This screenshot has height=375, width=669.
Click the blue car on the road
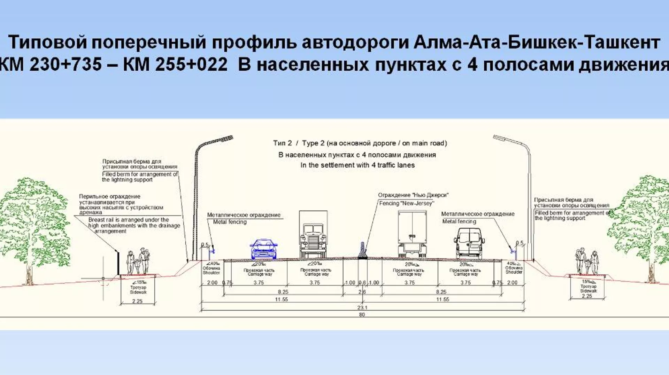point(263,249)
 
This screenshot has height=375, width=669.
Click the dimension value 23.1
point(362,307)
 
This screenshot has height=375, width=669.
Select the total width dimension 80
point(362,315)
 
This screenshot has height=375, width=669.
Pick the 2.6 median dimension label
point(362,292)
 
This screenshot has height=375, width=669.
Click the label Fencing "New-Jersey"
point(406,203)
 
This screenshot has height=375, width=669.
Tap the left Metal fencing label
point(230,222)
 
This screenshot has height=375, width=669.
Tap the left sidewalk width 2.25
point(137,301)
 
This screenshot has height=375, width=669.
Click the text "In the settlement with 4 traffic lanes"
point(357,165)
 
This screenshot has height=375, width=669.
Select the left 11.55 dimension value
point(281,299)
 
